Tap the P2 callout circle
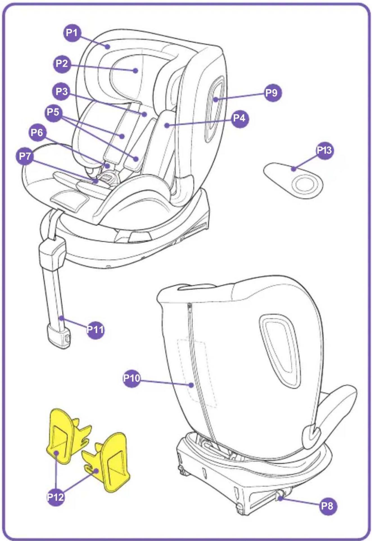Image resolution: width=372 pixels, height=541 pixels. tap(62, 64)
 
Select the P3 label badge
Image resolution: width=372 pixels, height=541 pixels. tap(62, 92)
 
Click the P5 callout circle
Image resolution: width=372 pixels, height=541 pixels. tap(53, 112)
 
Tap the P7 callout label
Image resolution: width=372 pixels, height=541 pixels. tap(25, 156)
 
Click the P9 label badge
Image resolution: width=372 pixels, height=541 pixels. tap(272, 93)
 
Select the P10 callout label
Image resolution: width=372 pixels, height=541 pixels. tap(132, 378)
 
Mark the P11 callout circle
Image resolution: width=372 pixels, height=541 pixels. tap(95, 329)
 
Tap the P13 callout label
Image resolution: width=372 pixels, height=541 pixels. tap(324, 150)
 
